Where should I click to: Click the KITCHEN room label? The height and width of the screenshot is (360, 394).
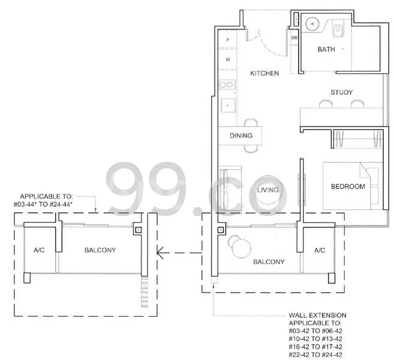point(264,73)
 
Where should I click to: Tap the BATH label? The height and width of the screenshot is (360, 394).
point(326,50)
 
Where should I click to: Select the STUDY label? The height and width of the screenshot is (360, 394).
point(341,92)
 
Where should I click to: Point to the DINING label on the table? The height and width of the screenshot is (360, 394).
point(241,136)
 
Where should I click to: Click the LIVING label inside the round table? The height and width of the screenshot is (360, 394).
point(268,190)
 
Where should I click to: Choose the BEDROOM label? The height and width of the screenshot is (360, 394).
point(348,187)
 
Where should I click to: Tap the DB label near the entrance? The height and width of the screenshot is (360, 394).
point(294,38)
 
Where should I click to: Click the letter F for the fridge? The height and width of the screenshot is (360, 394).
point(228,41)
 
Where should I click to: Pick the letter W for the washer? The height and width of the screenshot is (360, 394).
point(228,60)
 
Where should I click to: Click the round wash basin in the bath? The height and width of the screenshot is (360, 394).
point(311,25)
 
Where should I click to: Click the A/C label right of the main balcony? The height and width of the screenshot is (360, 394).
point(319,250)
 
